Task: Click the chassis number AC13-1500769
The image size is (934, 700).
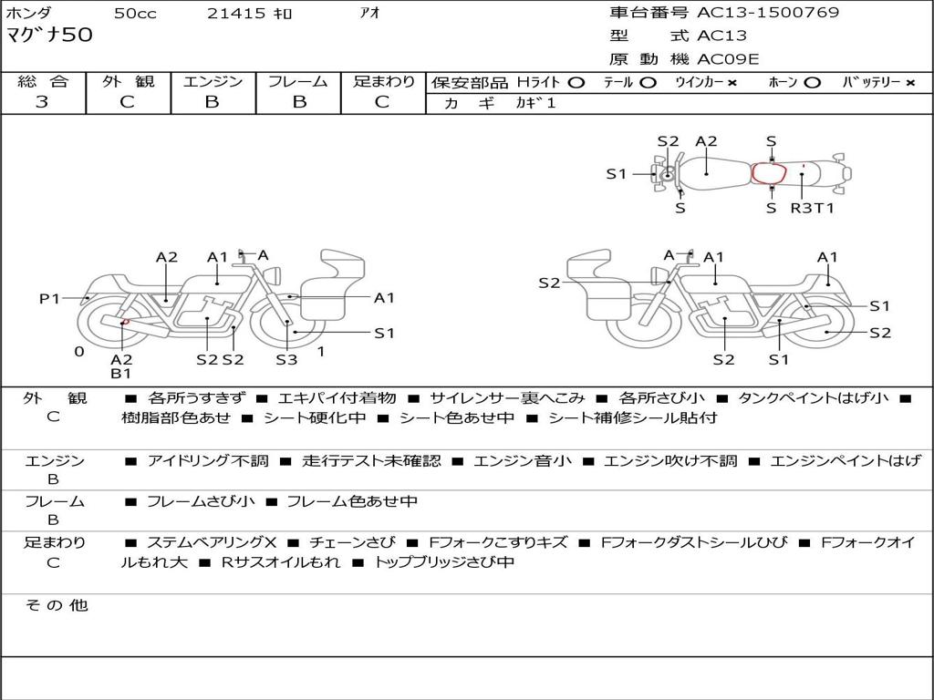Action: [768, 13]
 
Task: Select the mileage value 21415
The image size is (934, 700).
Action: [236, 14]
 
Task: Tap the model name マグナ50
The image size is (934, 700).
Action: [49, 36]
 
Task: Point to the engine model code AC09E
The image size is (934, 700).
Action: [728, 60]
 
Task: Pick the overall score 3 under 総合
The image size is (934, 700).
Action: [42, 102]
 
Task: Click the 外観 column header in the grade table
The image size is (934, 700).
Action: [128, 82]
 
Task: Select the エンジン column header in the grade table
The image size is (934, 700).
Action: [213, 82]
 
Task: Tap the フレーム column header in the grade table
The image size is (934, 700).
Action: [297, 82]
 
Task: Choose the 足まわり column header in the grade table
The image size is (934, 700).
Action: [383, 82]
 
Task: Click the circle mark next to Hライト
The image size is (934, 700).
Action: [576, 83]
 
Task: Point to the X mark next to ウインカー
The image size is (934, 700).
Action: [732, 83]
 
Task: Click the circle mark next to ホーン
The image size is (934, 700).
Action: [812, 83]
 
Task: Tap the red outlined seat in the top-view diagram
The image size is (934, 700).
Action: [769, 173]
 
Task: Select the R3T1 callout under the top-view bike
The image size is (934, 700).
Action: [812, 208]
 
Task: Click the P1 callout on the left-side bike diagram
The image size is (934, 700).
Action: [49, 298]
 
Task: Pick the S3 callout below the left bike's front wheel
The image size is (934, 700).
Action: [286, 359]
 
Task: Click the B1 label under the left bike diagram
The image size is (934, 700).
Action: [121, 373]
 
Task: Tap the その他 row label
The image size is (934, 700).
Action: [56, 605]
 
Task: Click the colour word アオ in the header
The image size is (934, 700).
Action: [370, 14]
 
